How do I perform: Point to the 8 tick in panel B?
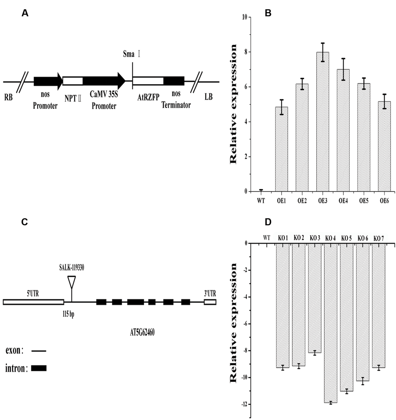pos(245,52)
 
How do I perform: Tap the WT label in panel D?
pos(267,238)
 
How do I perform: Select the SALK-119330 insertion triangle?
pos(71,282)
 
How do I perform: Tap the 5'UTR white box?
pos(33,302)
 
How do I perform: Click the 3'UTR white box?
pos(210,302)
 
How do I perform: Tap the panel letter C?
pos(24,222)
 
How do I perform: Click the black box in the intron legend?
pos(38,368)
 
